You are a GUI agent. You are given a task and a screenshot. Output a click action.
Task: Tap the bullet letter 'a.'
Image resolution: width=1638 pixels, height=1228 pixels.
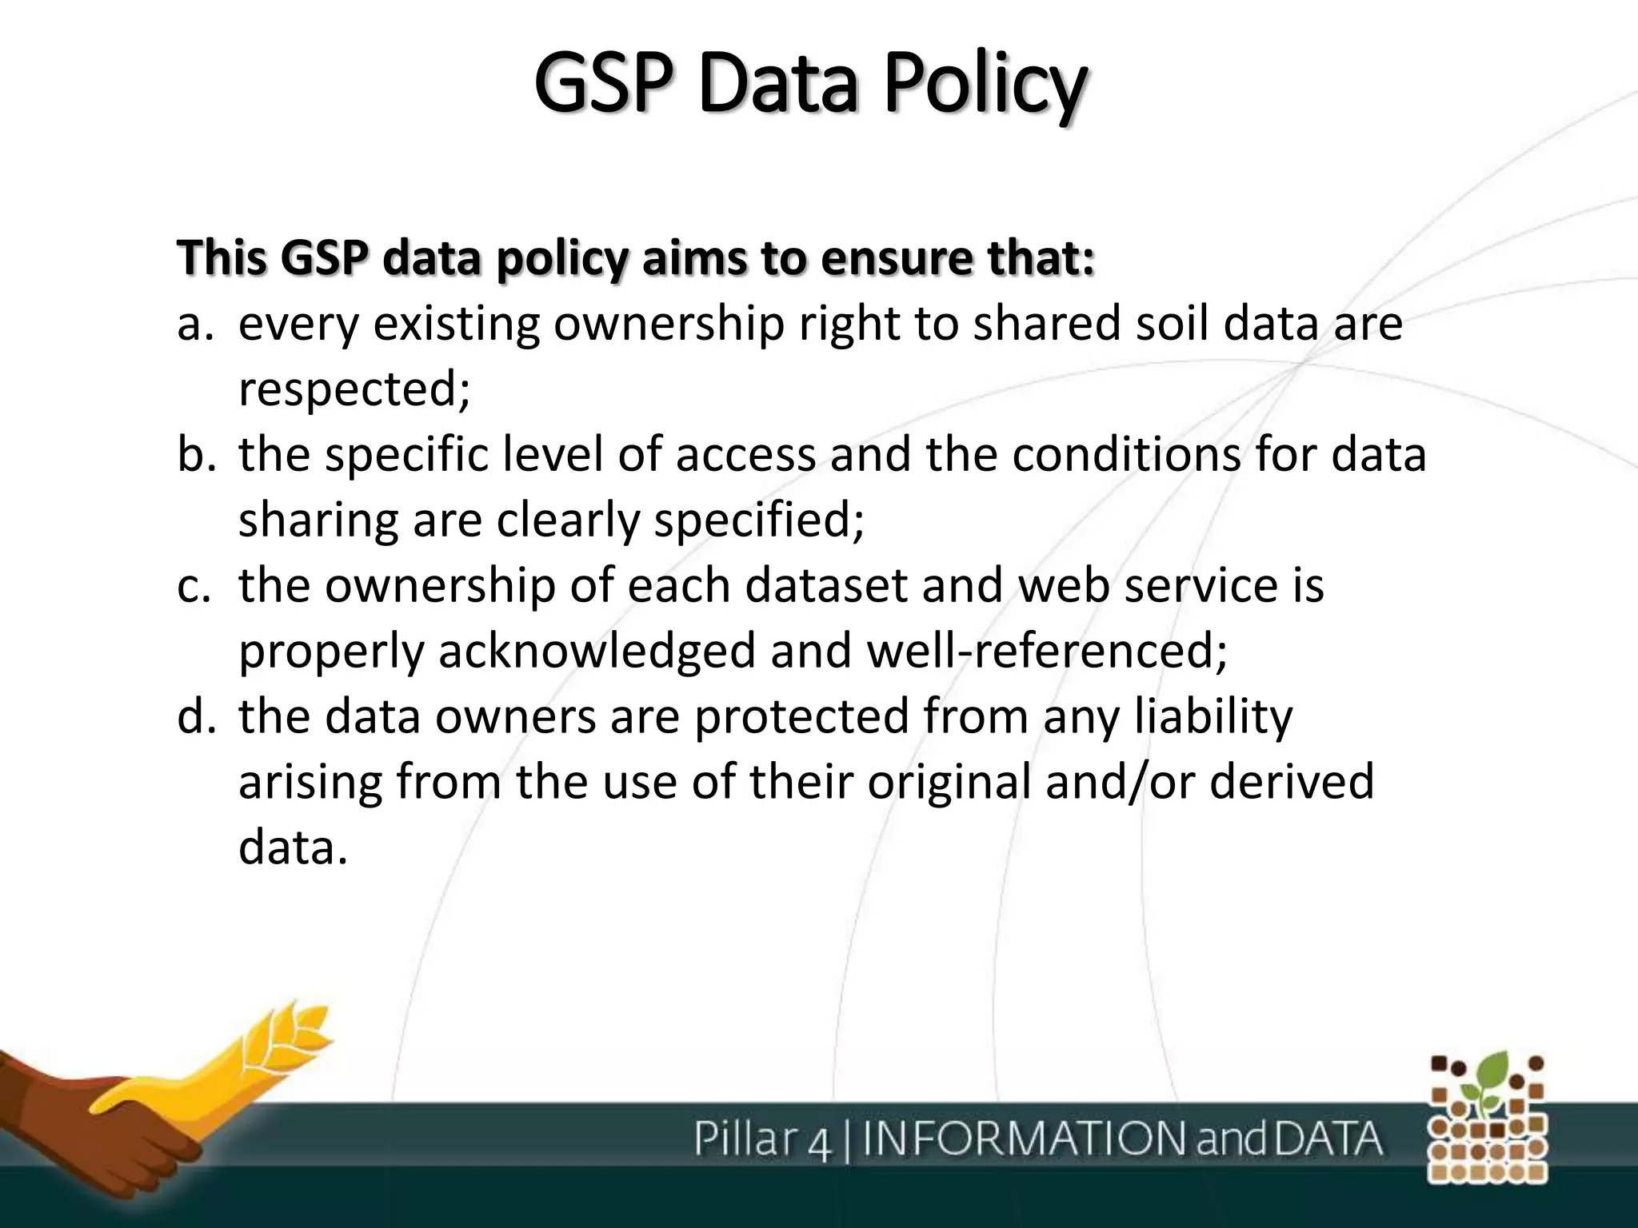click(x=195, y=325)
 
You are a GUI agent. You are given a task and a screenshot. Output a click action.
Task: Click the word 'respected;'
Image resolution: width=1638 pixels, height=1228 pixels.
click(x=354, y=390)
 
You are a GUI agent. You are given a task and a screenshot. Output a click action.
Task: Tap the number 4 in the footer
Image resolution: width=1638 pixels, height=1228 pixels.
click(x=820, y=1142)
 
